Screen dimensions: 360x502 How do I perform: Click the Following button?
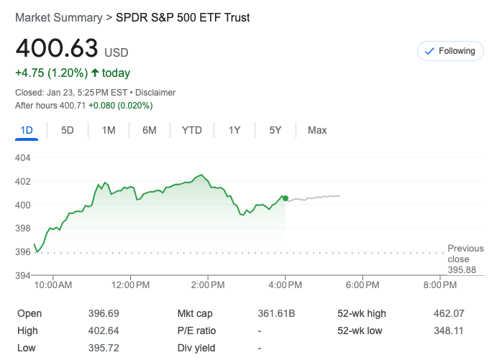[450, 51]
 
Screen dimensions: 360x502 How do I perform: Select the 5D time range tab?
[68, 130]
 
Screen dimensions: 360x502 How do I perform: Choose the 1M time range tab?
[109, 130]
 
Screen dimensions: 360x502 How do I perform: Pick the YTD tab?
[192, 130]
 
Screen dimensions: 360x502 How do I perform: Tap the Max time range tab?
[317, 130]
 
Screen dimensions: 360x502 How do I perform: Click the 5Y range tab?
[275, 130]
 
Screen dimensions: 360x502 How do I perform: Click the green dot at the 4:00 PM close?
[286, 198]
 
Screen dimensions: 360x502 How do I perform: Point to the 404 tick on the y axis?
[22, 157]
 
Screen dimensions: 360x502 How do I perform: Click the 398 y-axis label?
[22, 229]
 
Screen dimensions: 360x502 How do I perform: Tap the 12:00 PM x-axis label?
[131, 285]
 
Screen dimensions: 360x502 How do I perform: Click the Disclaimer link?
[155, 93]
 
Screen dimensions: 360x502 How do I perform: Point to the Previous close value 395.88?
[462, 269]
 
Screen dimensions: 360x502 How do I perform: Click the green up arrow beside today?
[95, 73]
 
